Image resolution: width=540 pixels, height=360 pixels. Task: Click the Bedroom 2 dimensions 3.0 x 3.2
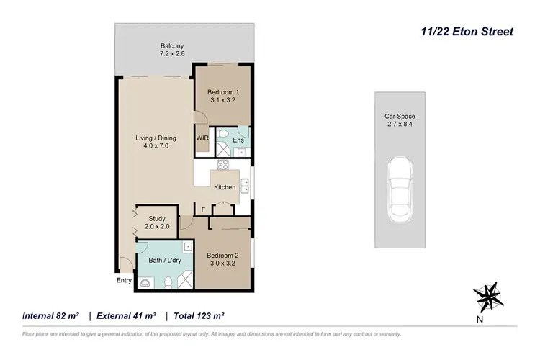pos(222,264)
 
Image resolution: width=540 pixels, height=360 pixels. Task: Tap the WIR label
pos(202,138)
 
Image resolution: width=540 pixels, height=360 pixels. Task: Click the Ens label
pos(238,140)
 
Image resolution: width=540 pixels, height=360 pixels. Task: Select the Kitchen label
pos(225,187)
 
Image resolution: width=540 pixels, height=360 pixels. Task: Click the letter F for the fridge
pos(204,210)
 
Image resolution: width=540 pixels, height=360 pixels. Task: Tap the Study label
pos(157,218)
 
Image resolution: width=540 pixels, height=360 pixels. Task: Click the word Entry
pos(125,281)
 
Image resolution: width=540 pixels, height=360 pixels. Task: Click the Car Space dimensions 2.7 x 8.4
pos(400,124)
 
